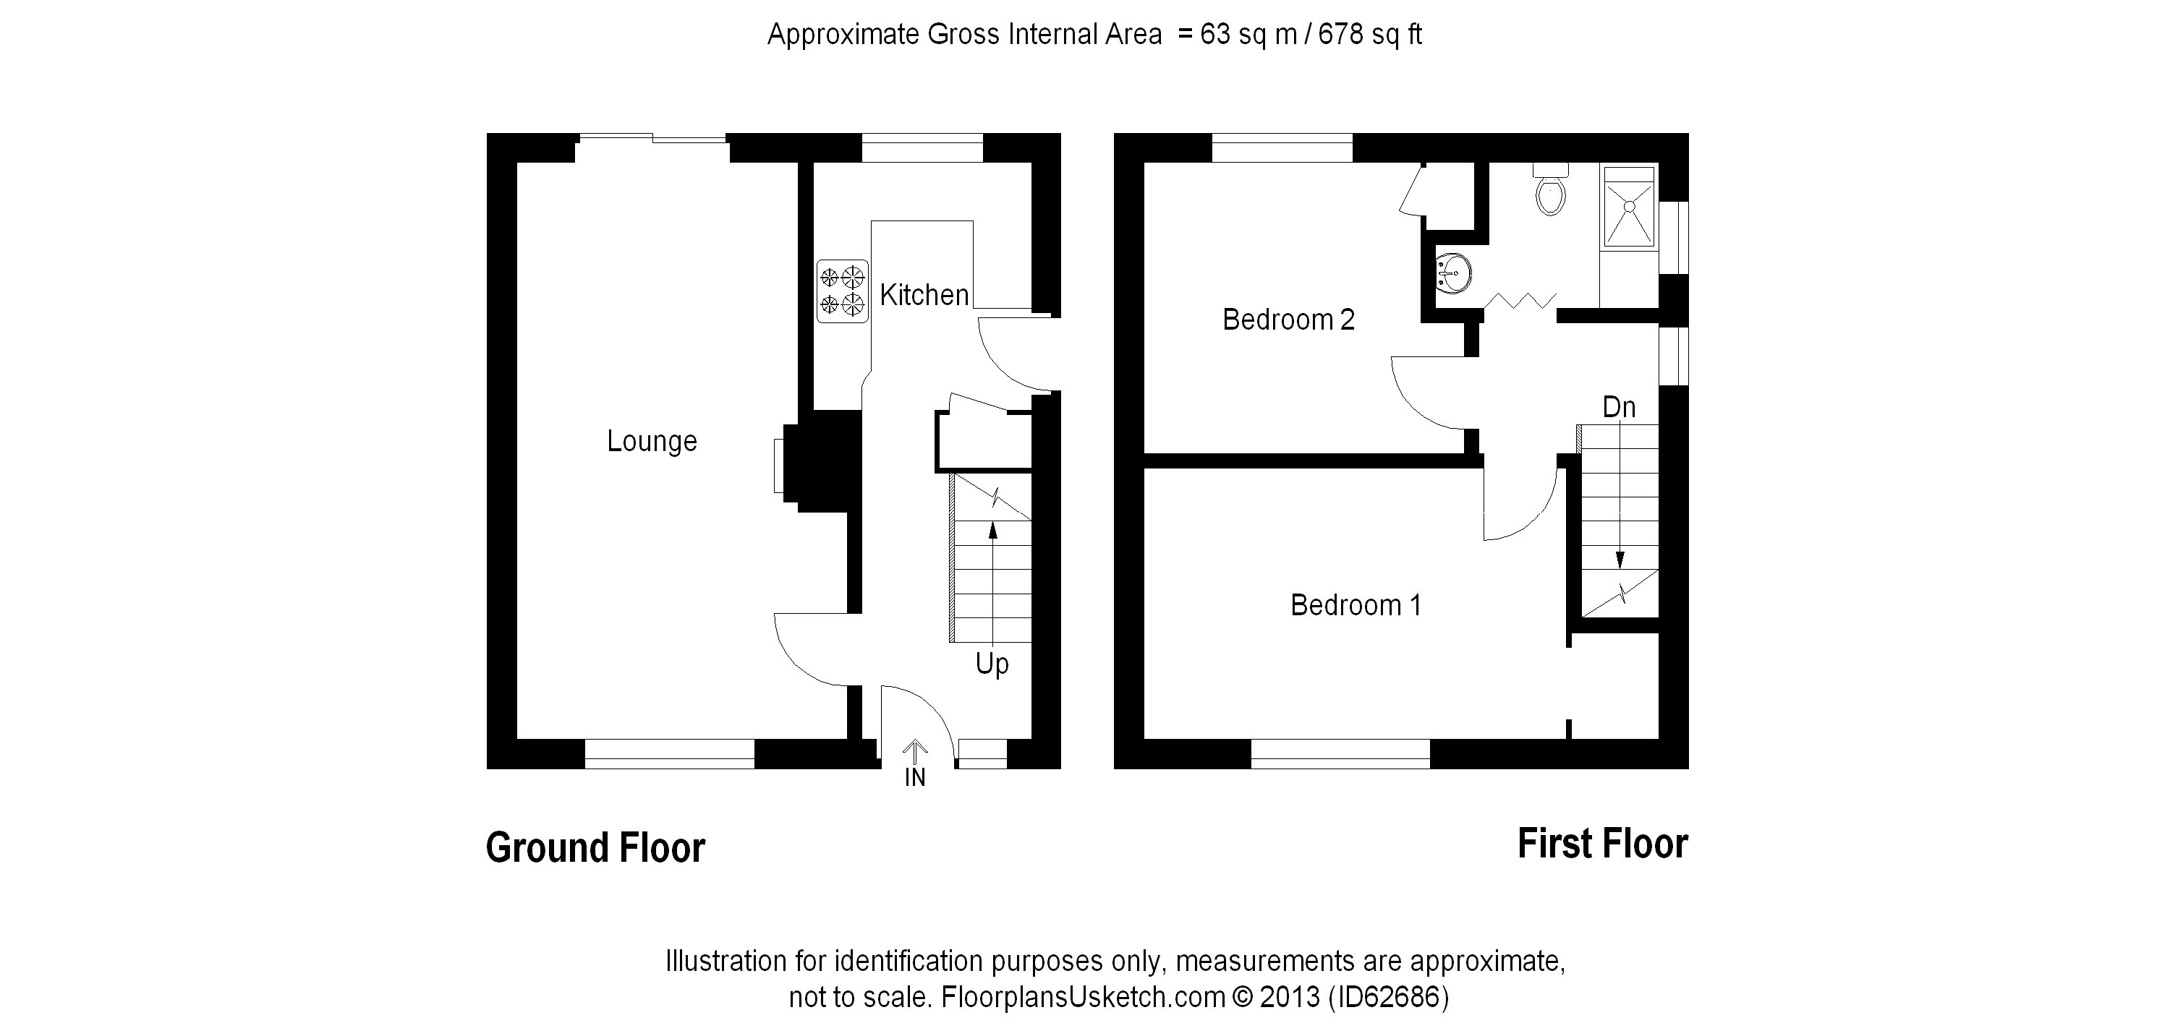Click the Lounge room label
pos(652,441)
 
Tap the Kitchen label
pos(924,295)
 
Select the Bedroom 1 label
pos(1356,604)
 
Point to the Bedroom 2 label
pos(1288,320)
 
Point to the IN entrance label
pos(915,777)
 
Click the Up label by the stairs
pos(992,664)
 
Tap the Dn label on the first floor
pos(1618,408)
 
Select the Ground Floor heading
pos(595,847)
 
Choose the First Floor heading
pos(1602,844)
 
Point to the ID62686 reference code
pos(1388,998)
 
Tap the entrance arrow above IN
pos(915,748)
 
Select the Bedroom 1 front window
pos(1340,753)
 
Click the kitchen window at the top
pos(922,148)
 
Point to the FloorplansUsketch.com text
pos(1083,998)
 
